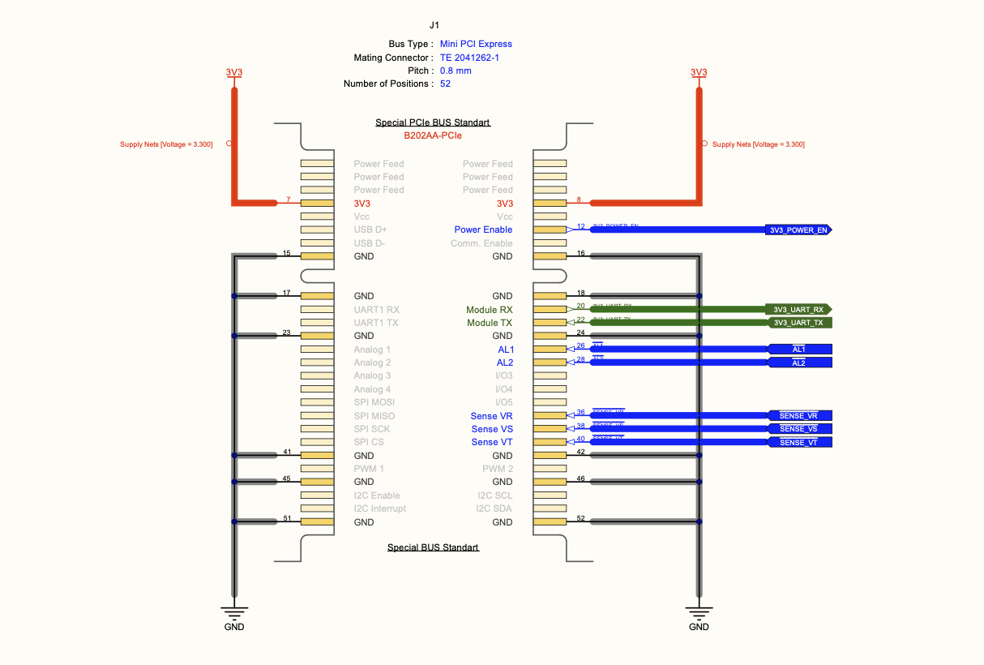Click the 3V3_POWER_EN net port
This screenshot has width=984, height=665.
point(798,230)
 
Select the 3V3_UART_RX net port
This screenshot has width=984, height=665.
point(798,310)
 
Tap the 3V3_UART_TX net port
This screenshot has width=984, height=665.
point(798,323)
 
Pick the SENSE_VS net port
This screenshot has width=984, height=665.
point(798,429)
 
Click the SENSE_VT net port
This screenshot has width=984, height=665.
point(798,442)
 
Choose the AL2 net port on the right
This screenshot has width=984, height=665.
point(798,363)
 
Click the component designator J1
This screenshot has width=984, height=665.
point(434,26)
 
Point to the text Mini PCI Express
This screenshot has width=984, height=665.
point(476,44)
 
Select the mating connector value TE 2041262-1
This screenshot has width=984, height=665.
point(475,58)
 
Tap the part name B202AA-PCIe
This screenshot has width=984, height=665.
point(432,135)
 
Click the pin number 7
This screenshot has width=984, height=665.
point(288,199)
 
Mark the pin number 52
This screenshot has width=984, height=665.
point(580,518)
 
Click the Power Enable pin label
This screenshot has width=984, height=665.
point(483,230)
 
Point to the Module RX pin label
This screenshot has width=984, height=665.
point(489,310)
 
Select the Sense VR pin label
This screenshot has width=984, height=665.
point(491,416)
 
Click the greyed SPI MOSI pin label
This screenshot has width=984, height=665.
point(374,402)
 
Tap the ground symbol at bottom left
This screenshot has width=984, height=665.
point(233,613)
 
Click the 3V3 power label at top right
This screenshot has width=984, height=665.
point(699,72)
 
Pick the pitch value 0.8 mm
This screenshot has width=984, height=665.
point(456,71)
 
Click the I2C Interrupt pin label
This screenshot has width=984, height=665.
point(380,508)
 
